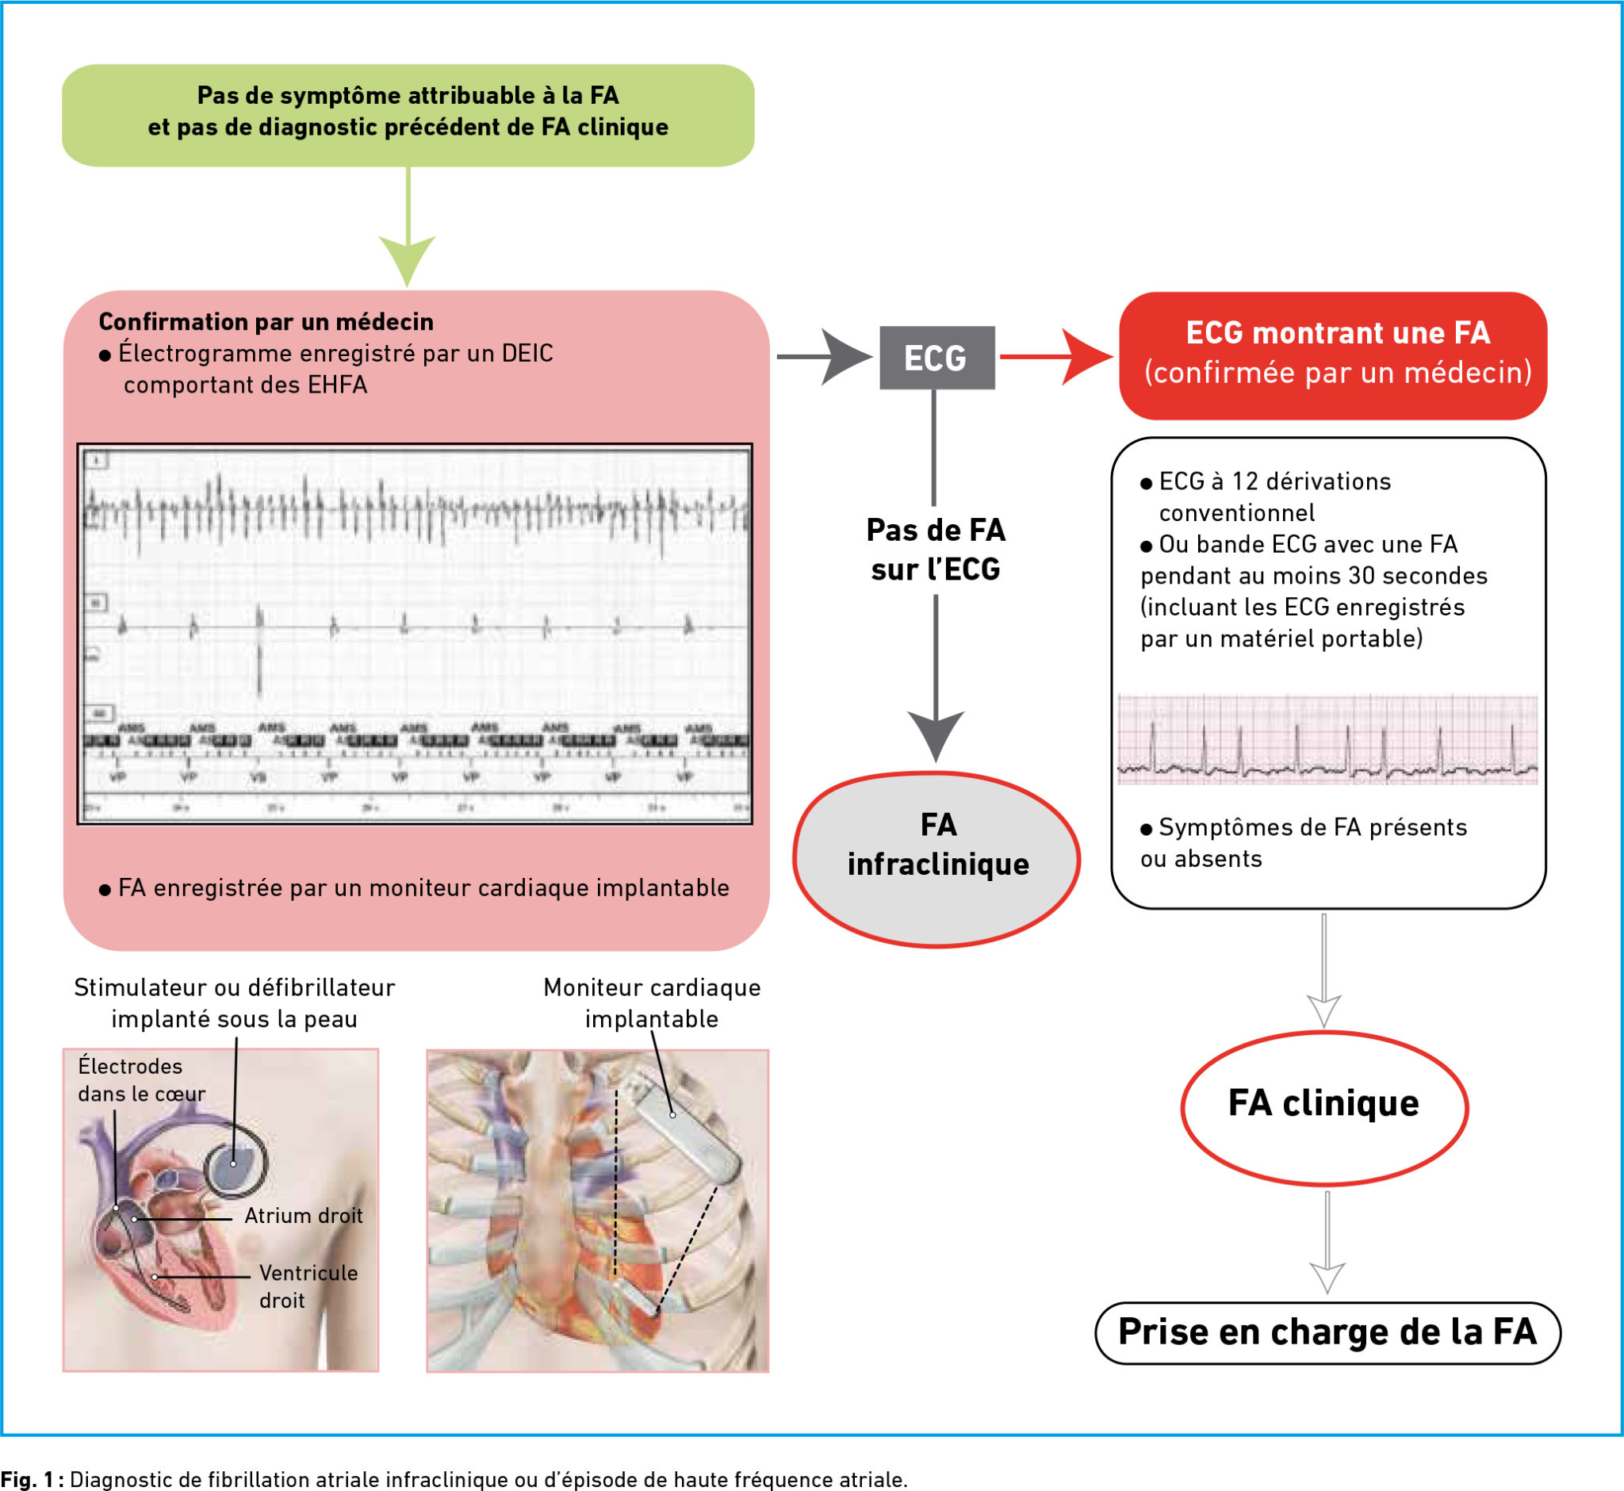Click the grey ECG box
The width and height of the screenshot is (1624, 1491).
[x=936, y=358]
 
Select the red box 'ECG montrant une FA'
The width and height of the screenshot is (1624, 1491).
[x=1333, y=355]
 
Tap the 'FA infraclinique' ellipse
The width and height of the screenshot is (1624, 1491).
[x=936, y=859]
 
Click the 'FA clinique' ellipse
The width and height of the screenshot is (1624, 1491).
[x=1324, y=1106]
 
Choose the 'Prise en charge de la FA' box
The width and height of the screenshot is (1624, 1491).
[x=1327, y=1333]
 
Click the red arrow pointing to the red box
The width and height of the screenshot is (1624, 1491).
[x=1057, y=357]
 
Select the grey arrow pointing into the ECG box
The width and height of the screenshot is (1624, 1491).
[x=827, y=357]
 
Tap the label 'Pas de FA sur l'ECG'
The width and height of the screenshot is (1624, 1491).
[x=936, y=550]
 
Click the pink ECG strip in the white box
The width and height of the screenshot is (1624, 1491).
[x=1327, y=739]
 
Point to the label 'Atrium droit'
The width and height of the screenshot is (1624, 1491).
[x=304, y=1216]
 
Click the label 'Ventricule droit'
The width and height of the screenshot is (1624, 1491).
[x=308, y=1286]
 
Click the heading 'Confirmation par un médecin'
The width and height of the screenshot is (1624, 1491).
[x=266, y=322]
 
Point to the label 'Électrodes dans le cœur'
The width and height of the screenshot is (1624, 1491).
[x=141, y=1079]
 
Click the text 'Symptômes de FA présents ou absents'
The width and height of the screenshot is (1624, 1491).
[x=1303, y=842]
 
